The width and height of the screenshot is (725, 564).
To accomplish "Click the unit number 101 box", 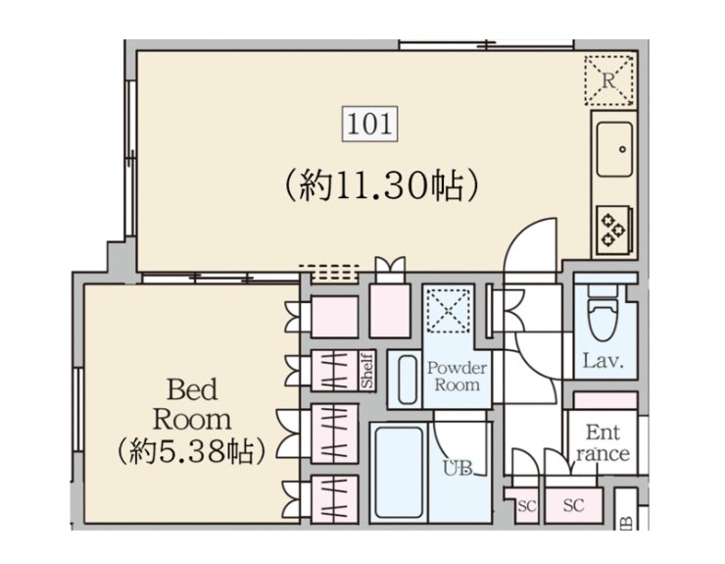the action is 370,125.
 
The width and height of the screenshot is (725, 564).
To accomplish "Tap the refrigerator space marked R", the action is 609,80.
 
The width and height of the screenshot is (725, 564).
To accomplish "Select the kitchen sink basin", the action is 614,149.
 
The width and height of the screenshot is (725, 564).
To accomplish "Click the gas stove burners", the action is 613,230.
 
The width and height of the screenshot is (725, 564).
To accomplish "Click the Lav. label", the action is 603,361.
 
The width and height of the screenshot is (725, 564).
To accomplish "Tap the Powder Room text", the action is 457,376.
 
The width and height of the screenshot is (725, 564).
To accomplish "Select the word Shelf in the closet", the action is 367,371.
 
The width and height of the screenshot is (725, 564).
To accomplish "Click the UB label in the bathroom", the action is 458,468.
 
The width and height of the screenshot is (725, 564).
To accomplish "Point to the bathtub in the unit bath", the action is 399,472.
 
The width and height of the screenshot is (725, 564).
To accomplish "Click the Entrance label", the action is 603,443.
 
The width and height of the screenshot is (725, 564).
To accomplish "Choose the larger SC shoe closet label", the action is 574,505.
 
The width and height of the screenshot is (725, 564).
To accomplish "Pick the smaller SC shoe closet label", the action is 527,506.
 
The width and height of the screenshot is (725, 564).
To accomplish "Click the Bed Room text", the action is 192,404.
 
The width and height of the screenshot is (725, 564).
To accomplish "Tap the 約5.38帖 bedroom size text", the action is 191,451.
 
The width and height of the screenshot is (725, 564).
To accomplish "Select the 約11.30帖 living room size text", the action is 381,185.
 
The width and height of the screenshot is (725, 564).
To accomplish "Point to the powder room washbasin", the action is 405,380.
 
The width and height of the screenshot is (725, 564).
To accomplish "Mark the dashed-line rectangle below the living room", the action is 329,274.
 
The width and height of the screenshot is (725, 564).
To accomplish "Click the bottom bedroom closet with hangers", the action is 334,499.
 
